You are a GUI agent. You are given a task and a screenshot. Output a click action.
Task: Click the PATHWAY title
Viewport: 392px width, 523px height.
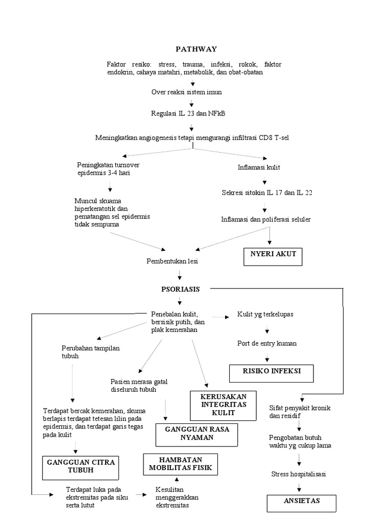pos(196,49)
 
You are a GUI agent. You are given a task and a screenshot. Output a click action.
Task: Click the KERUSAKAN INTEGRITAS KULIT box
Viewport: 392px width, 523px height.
pos(224,404)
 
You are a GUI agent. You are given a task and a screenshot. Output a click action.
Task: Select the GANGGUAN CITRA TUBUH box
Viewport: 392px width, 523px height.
pos(81,466)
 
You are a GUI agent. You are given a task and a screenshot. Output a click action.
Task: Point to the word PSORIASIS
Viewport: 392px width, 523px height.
pos(180,289)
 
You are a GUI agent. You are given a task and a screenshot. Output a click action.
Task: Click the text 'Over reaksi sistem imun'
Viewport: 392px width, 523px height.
pos(186,92)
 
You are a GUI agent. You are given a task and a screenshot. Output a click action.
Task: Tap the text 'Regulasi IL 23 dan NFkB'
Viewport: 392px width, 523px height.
pos(188,113)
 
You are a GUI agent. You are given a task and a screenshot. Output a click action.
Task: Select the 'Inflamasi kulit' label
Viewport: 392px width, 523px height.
pos(259,168)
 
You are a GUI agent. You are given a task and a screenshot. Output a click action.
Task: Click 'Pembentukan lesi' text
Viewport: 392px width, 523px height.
pos(172,261)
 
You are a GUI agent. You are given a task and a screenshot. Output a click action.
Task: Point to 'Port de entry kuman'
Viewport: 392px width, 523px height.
pos(267,343)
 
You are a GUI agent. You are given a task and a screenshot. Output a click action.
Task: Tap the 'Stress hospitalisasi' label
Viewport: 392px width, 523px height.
pos(299,474)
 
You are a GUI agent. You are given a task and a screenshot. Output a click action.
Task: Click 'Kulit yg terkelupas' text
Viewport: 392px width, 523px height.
pos(265,314)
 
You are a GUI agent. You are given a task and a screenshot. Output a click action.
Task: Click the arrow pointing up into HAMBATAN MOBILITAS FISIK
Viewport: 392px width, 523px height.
pos(177,479)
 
